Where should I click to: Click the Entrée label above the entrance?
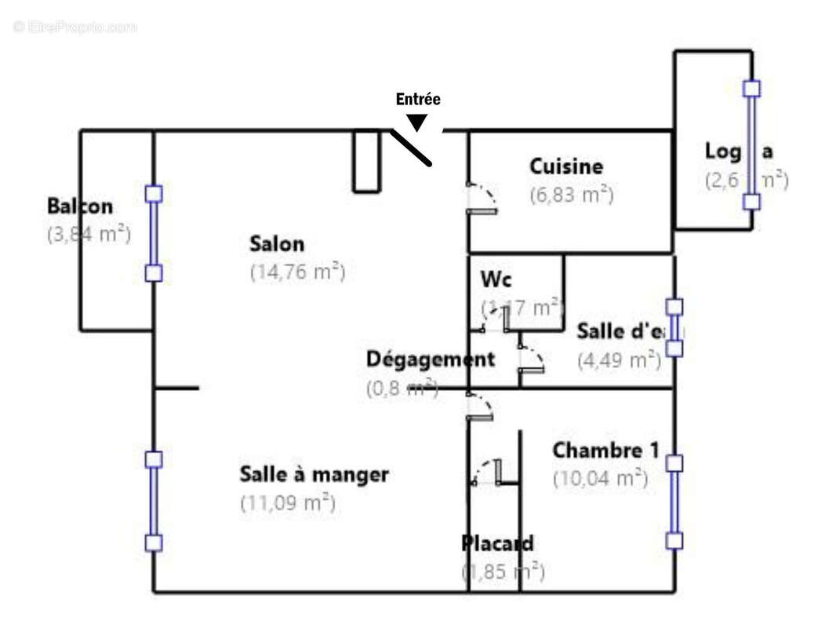point(418,100)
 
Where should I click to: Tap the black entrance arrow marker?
point(418,122)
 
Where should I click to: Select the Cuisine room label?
point(566,166)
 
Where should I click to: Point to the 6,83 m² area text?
point(571,194)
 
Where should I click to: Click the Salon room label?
point(277,243)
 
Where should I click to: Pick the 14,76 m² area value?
point(297,272)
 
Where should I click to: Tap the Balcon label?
point(80,206)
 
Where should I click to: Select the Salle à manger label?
point(314,474)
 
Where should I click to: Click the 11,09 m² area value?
point(288,502)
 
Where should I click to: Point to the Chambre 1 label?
point(605,451)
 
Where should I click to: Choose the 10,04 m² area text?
point(600,477)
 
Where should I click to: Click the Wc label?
point(496,279)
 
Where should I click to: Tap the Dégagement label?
point(431,360)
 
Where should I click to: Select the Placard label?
point(497,543)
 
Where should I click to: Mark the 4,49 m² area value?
point(619,360)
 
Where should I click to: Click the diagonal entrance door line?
point(411,148)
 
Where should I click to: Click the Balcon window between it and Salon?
point(154,233)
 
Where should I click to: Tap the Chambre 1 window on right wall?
point(674,502)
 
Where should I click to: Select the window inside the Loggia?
point(751,145)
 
